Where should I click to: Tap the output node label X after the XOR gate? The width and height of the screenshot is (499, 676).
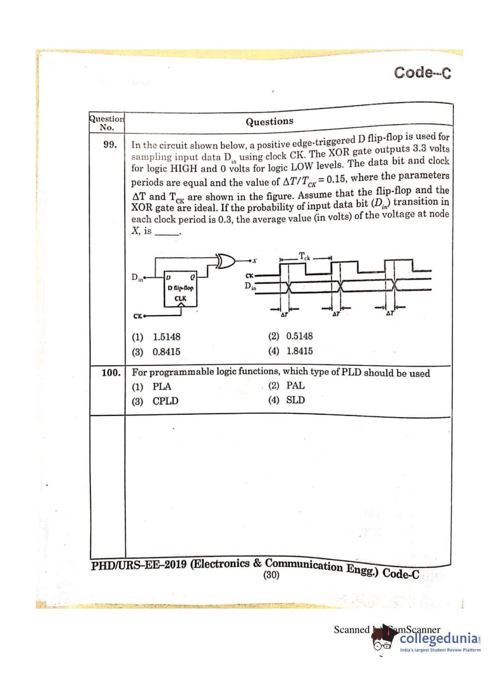254,260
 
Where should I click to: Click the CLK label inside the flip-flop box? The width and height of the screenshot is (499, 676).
180,299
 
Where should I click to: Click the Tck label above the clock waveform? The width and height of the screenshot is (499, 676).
304,257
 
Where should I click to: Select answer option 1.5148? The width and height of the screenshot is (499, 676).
166,337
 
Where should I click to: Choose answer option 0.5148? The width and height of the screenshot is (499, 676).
299,336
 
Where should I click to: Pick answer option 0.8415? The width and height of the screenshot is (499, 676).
166,351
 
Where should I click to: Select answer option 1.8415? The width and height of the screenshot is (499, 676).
299,351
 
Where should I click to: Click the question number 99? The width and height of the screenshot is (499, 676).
110,145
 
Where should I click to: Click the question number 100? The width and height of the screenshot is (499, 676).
111,372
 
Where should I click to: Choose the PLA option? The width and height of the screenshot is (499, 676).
162,386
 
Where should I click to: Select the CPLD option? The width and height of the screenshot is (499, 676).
165,401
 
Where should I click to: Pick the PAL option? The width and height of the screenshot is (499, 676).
295,385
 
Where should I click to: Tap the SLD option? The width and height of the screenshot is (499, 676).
295,400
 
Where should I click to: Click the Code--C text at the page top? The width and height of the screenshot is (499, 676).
422,72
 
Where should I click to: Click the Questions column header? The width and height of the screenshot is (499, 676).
269,121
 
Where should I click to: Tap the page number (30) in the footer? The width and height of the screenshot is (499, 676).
271,575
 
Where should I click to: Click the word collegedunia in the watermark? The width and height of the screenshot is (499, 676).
439,639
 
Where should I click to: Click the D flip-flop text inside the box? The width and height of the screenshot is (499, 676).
180,288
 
